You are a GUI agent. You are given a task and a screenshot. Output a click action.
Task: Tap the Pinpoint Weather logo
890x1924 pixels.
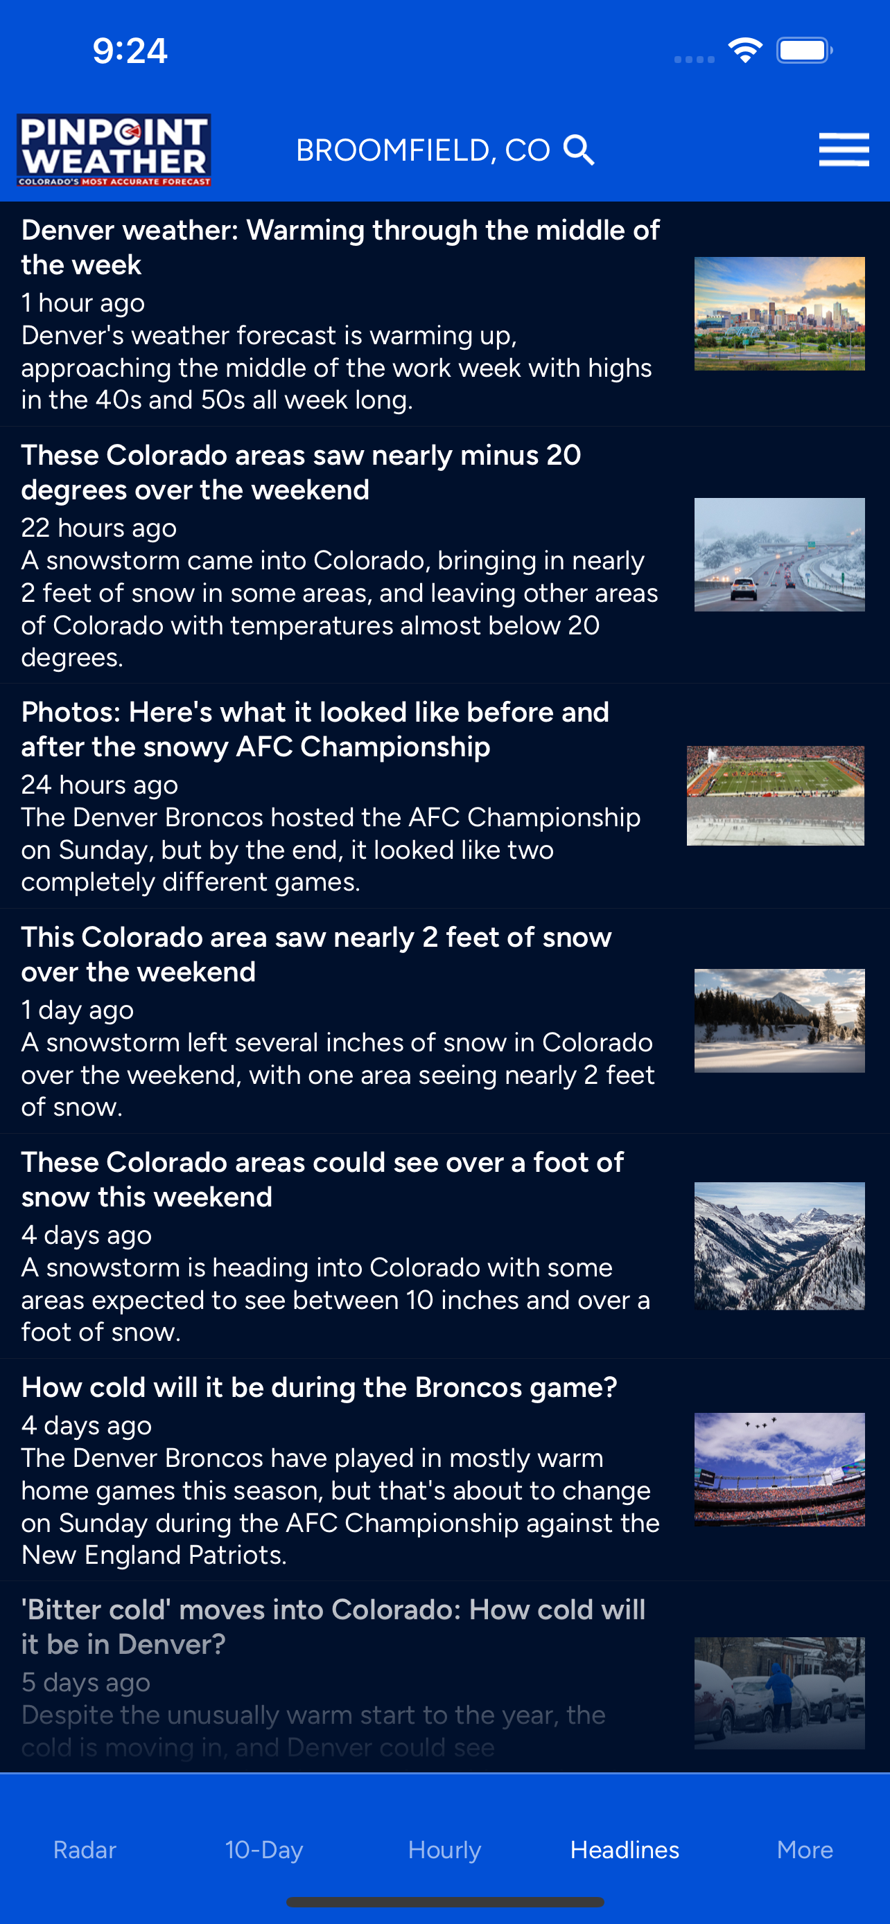(x=114, y=150)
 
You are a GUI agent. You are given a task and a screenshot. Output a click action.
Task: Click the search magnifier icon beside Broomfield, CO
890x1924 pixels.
(x=579, y=150)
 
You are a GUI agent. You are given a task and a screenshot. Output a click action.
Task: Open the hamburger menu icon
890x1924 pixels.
(x=844, y=150)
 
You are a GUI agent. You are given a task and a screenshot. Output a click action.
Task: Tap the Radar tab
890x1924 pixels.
(x=85, y=1849)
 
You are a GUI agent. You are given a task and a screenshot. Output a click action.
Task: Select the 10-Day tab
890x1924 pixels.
(x=264, y=1849)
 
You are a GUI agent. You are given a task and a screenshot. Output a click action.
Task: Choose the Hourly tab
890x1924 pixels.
(x=444, y=1849)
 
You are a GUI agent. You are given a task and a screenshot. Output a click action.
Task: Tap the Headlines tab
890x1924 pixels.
(x=625, y=1849)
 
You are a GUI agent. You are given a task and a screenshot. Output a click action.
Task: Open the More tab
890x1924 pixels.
(x=805, y=1849)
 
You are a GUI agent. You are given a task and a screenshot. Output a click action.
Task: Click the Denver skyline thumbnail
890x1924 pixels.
(x=779, y=314)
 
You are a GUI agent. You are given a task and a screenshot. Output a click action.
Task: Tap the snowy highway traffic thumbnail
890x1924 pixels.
(x=779, y=554)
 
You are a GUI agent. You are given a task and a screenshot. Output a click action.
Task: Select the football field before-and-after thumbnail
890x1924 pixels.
(x=776, y=796)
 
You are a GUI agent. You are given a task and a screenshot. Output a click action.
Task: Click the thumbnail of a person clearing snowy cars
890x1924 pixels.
(x=779, y=1693)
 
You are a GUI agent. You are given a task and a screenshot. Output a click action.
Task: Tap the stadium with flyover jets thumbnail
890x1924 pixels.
(x=779, y=1469)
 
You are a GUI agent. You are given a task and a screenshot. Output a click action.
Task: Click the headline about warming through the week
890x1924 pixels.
(x=340, y=247)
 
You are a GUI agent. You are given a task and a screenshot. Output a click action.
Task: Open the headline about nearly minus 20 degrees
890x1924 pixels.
(x=300, y=472)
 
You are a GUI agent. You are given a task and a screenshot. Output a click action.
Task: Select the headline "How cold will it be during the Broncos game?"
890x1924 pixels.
(x=319, y=1387)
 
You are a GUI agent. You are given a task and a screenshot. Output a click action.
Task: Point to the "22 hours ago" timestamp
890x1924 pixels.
(x=98, y=527)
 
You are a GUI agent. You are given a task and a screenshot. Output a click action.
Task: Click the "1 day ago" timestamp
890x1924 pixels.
(x=78, y=1010)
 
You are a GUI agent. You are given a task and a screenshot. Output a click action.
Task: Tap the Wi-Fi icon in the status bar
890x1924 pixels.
(x=745, y=51)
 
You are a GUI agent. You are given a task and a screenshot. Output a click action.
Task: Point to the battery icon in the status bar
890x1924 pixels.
(x=804, y=51)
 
